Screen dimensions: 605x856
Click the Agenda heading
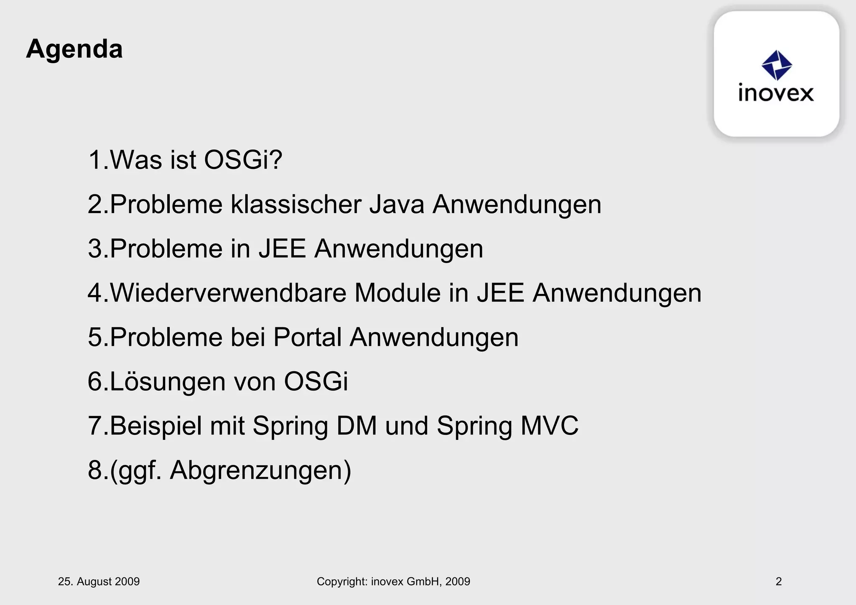click(74, 49)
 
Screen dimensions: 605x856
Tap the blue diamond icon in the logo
click(777, 65)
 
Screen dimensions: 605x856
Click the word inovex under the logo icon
click(776, 93)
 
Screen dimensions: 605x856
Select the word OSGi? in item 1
click(243, 160)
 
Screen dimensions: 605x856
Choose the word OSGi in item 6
click(316, 381)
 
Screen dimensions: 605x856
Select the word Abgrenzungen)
click(260, 470)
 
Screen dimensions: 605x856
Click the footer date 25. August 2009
click(99, 582)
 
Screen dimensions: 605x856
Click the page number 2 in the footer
click(779, 582)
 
